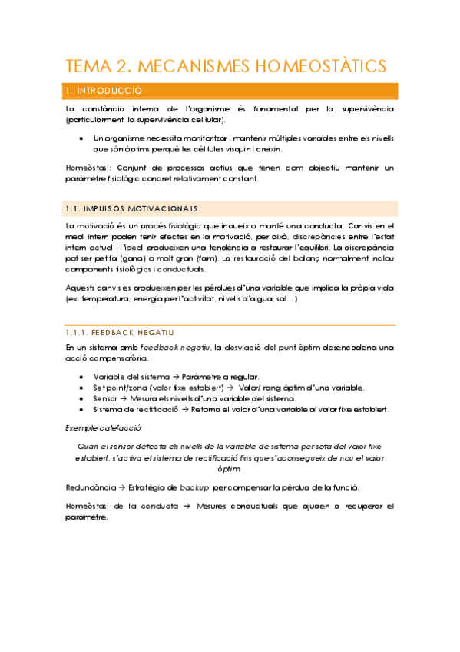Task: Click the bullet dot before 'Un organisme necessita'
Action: [81, 138]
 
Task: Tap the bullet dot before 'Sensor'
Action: [81, 398]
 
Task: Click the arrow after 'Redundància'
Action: [112, 487]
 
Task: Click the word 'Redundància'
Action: [87, 487]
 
